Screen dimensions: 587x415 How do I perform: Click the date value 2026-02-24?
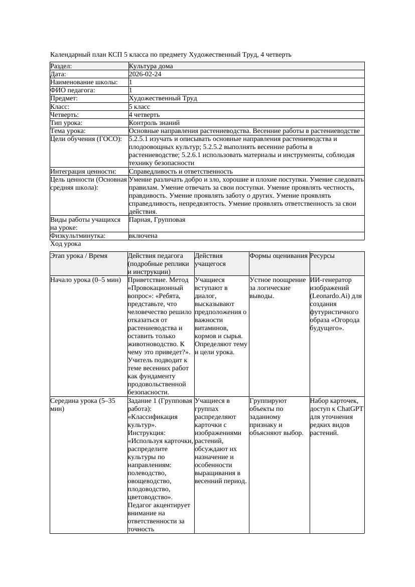point(145,74)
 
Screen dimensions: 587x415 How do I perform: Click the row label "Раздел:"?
point(61,66)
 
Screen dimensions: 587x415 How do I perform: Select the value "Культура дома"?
point(151,66)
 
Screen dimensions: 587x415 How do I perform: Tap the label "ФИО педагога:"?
point(73,90)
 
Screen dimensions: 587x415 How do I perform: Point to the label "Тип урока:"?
point(66,123)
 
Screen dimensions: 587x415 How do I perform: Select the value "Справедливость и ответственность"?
point(181,172)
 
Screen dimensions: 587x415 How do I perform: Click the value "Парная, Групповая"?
point(157,220)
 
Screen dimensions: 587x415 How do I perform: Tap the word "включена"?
point(143,236)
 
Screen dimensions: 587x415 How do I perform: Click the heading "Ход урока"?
point(66,244)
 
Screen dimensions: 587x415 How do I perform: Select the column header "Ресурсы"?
point(322,256)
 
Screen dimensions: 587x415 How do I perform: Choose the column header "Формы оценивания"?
point(279,256)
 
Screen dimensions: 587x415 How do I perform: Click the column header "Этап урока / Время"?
point(79,256)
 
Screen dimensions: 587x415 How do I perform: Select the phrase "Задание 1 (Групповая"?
point(160,401)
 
